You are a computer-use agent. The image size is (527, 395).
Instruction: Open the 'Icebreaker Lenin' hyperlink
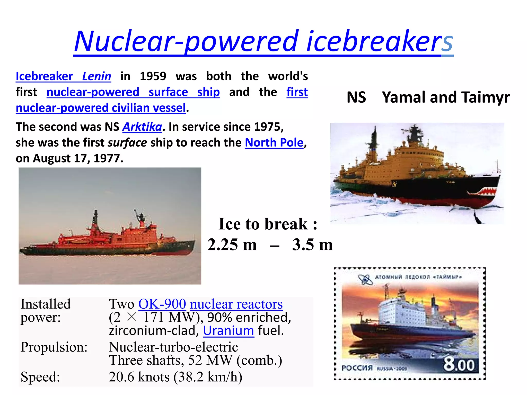point(63,77)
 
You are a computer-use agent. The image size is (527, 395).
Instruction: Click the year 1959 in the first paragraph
point(153,76)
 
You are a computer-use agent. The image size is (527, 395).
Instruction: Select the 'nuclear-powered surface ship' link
point(133,92)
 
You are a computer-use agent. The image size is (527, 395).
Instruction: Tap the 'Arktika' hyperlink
point(142,127)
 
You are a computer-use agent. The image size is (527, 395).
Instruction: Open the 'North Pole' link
point(274,143)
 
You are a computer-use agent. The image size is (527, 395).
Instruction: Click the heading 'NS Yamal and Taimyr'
point(428,97)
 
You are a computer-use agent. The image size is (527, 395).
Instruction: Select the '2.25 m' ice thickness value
point(232,245)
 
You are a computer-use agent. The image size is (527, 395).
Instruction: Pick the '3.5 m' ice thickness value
point(312,245)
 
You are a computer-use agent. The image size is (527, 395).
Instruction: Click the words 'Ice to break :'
point(268,224)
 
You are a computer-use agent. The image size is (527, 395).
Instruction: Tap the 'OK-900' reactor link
point(162,304)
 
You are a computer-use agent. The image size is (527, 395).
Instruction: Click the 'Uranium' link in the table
point(229,331)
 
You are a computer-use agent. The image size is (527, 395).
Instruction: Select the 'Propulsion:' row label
point(54,347)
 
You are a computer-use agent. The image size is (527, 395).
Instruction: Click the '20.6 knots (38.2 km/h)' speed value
point(175,377)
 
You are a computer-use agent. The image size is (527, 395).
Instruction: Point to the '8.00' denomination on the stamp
point(459,365)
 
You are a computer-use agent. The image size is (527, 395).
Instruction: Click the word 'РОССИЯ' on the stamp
point(357,368)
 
